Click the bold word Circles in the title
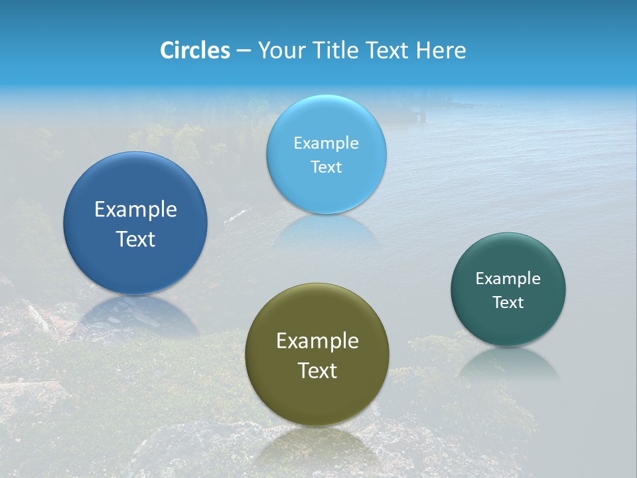tap(194, 50)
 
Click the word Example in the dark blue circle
tap(135, 210)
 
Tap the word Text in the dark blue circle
tap(135, 239)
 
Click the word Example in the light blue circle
tap(326, 143)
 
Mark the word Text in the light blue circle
tap(326, 167)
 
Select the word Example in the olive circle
tap(317, 341)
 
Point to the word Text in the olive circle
tap(317, 370)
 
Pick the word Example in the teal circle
tap(508, 278)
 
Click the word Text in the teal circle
tap(508, 302)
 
